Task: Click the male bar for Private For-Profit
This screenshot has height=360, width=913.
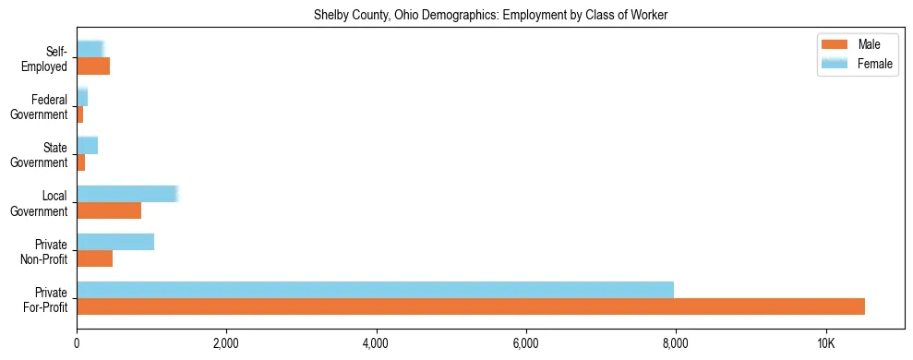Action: click(471, 306)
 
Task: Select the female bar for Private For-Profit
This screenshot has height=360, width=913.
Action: click(375, 290)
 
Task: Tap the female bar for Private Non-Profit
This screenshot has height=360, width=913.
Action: click(115, 242)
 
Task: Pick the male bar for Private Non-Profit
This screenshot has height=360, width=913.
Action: click(94, 258)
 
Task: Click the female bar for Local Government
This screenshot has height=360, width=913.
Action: click(126, 194)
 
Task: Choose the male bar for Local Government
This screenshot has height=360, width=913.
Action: click(109, 210)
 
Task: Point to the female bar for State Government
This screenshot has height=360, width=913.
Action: click(87, 146)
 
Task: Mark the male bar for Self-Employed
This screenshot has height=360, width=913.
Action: click(93, 66)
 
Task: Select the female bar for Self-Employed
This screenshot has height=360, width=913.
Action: click(90, 50)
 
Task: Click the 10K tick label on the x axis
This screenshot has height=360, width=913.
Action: click(825, 343)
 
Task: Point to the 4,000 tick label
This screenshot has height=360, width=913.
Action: click(376, 343)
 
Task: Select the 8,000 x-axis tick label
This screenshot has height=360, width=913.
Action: click(676, 343)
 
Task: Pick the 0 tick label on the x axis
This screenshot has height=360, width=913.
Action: click(77, 343)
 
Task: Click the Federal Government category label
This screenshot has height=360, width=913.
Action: click(48, 106)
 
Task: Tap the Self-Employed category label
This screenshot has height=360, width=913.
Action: click(49, 58)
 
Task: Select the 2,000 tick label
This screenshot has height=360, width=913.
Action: click(226, 343)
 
